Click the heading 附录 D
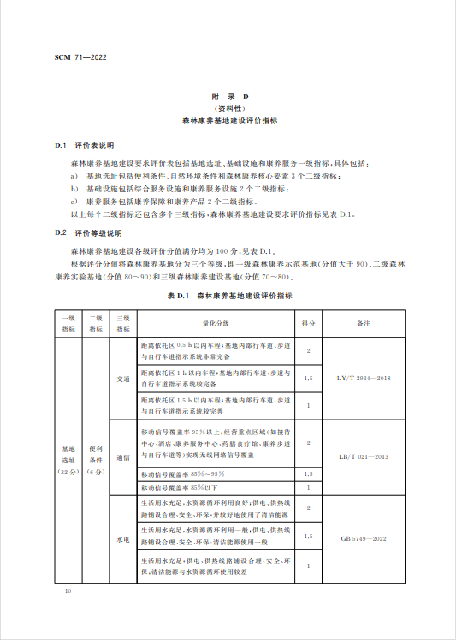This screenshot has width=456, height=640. click(228, 98)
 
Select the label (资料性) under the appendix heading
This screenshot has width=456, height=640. click(228, 109)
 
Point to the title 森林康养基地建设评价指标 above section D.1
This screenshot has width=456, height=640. click(228, 121)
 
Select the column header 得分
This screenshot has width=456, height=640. click(308, 324)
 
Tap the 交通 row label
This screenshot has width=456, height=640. click(122, 377)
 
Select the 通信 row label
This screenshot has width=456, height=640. click(122, 456)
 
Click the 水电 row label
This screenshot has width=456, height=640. click(122, 538)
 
